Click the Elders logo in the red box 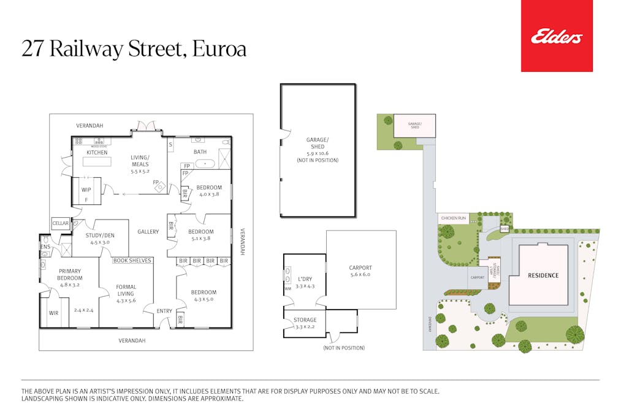(557, 37)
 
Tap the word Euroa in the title (219, 49)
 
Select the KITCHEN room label (96, 153)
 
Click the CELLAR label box (60, 224)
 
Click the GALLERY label (148, 232)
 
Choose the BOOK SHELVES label (132, 261)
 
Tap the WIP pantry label (86, 190)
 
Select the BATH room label (200, 152)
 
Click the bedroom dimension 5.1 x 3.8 (200, 239)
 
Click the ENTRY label (164, 312)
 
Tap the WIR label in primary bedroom (53, 313)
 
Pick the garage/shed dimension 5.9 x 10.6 (317, 153)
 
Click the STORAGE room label (305, 320)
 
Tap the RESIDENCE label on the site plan (543, 275)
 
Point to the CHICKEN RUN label (453, 218)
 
